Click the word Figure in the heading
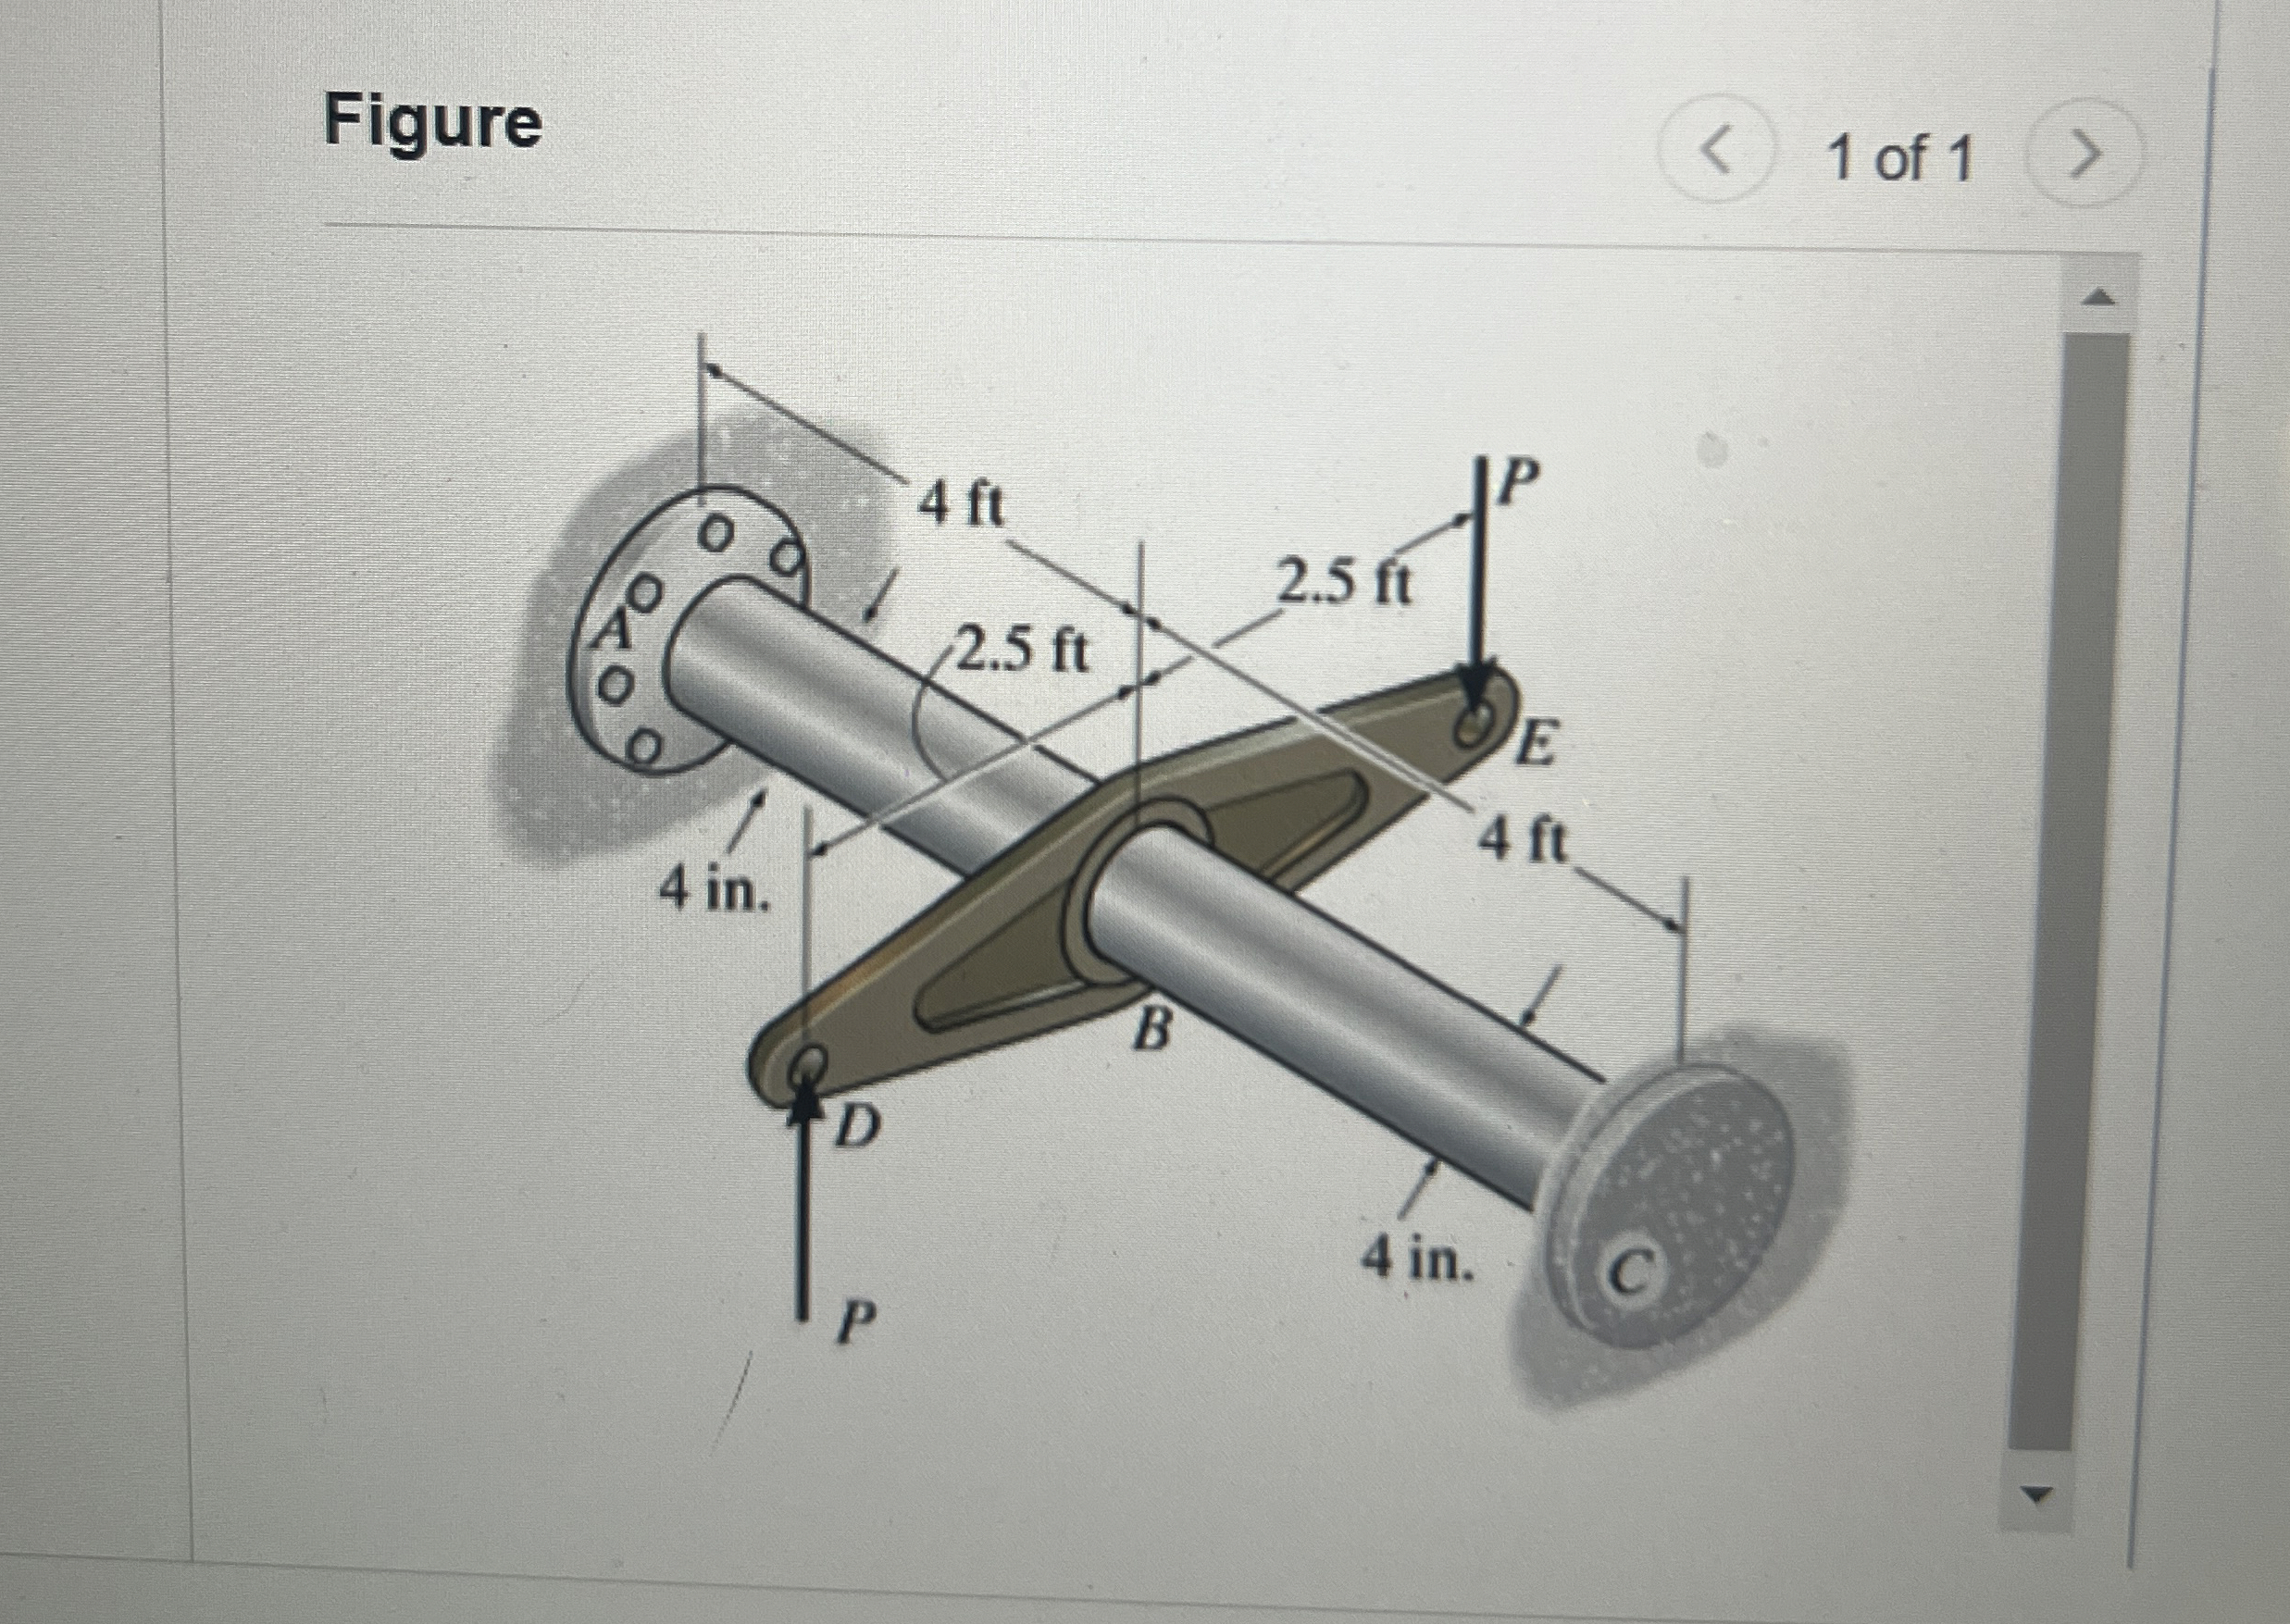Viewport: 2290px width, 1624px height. [433, 124]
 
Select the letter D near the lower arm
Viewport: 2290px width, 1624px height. [858, 1129]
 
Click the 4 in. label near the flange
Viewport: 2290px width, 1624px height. [714, 891]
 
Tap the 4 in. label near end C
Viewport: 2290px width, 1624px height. [1418, 1260]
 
